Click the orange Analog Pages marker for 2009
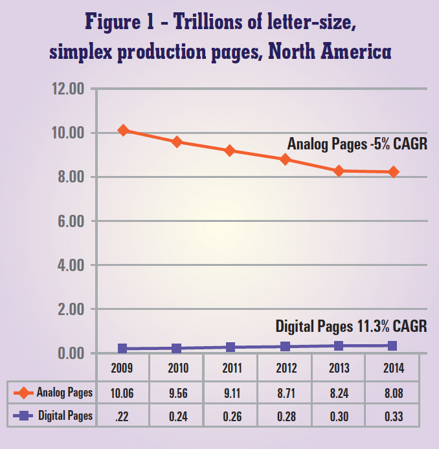123,131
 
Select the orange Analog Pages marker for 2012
285,159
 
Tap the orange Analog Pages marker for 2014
393,172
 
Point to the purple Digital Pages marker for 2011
231,347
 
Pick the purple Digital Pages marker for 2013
339,346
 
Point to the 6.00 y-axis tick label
68,221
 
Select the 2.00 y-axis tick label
68,310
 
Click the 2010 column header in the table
177,369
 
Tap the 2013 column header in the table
339,369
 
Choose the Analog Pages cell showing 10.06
122,392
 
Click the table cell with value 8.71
285,392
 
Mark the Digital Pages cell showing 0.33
394,417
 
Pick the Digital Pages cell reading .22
122,417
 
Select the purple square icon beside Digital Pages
23,417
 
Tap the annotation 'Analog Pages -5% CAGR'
357,144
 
